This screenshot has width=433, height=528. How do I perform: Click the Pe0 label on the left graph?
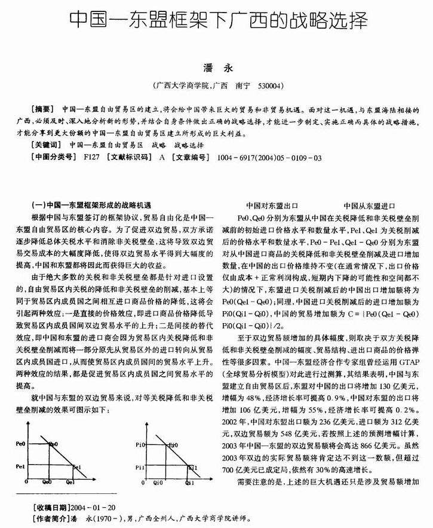[20, 444]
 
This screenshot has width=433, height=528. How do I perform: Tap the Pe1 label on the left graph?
[20, 466]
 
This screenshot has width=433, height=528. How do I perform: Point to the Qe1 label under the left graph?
[70, 481]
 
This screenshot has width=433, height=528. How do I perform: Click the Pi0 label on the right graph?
[141, 444]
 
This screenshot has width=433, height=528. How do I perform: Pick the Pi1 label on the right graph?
[141, 467]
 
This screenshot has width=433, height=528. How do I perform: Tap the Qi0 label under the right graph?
[159, 481]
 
